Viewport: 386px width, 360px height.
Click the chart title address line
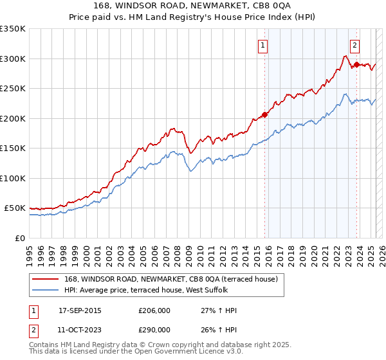(x=193, y=6)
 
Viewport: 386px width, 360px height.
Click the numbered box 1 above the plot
(x=264, y=45)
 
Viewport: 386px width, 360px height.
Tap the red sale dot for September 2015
(x=264, y=115)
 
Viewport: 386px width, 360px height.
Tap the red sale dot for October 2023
(x=356, y=65)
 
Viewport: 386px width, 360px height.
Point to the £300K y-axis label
(x=12, y=59)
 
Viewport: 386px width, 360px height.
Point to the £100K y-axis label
(x=12, y=178)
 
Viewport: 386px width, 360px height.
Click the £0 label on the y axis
(x=19, y=238)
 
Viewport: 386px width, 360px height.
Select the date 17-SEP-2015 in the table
(x=80, y=310)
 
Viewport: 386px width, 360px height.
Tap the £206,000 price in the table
(x=154, y=310)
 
